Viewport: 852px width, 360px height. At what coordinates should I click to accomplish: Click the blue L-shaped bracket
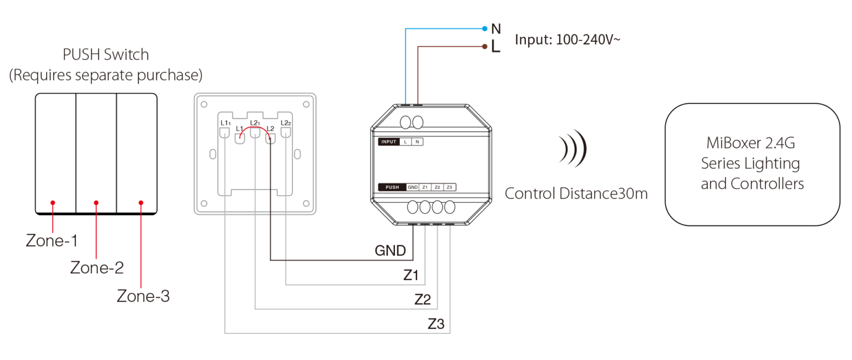click(x=410, y=61)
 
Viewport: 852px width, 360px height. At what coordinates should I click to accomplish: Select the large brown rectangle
click(x=632, y=78)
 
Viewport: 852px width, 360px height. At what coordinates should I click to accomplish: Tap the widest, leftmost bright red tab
click(x=62, y=206)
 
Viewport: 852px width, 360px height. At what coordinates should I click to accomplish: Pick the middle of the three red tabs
click(x=104, y=206)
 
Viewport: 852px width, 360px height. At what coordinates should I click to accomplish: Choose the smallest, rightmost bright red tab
click(x=147, y=206)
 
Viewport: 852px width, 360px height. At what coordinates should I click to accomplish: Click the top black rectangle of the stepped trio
click(x=413, y=276)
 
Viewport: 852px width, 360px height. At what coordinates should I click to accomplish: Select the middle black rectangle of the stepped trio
click(x=425, y=301)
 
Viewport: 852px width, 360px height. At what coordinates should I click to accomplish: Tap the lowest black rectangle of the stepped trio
click(x=438, y=325)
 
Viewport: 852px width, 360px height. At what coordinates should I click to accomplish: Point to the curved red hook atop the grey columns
click(x=246, y=132)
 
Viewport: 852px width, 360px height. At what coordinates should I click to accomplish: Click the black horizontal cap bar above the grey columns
click(x=256, y=123)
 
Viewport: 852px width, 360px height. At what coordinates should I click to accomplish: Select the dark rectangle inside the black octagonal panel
click(x=433, y=165)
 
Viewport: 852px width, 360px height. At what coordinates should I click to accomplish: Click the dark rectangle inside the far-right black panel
click(x=768, y=175)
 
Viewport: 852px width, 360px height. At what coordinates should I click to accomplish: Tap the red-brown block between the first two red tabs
click(x=74, y=224)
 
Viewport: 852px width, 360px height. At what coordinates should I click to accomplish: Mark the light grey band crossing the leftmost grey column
click(x=240, y=204)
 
